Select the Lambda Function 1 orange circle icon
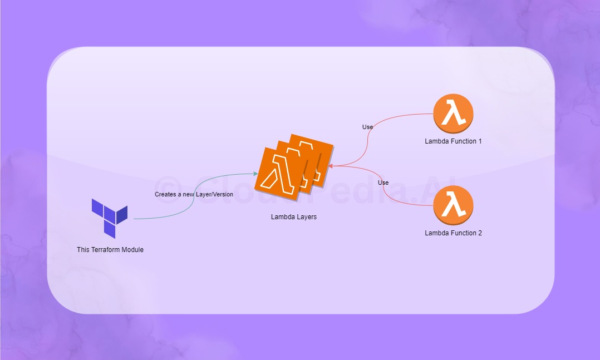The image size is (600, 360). tap(453, 114)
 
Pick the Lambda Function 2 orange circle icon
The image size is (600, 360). tap(453, 205)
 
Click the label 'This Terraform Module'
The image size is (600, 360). tap(110, 250)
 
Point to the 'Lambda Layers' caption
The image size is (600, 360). tap(294, 217)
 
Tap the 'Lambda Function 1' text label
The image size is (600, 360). tap(453, 141)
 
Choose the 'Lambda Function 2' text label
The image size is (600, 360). tap(453, 233)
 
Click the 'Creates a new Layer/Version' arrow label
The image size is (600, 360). tap(194, 194)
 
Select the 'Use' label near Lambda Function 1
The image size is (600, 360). tap(367, 127)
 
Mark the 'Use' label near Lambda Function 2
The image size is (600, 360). tap(383, 183)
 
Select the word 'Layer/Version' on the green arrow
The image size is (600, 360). tap(214, 194)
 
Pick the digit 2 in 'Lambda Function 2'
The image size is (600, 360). tap(480, 233)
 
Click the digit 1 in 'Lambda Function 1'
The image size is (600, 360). tap(480, 141)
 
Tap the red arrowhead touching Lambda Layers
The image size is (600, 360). tap(331, 165)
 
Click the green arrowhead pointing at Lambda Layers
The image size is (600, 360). tap(254, 175)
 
